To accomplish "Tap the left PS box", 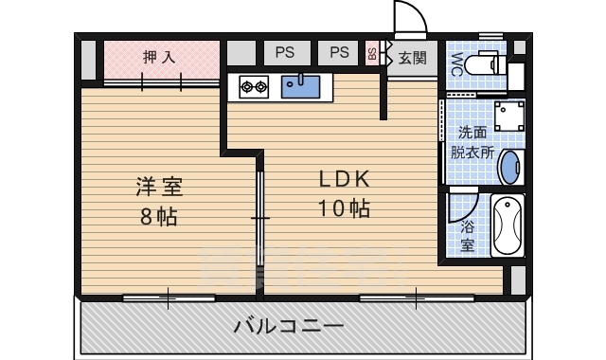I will pyautogui.click(x=285, y=53).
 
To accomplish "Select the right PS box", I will pyautogui.click(x=340, y=53).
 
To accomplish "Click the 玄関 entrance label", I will pyautogui.click(x=412, y=59).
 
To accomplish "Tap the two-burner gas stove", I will pyautogui.click(x=254, y=87).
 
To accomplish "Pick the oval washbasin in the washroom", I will pyautogui.click(x=508, y=168).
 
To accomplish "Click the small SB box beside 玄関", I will pyautogui.click(x=372, y=53).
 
